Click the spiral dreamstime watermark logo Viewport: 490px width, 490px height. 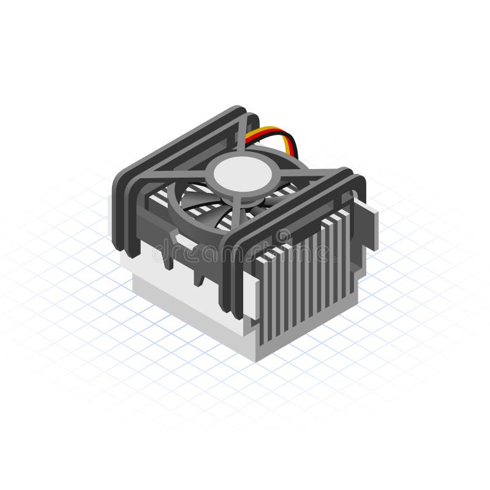283,236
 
